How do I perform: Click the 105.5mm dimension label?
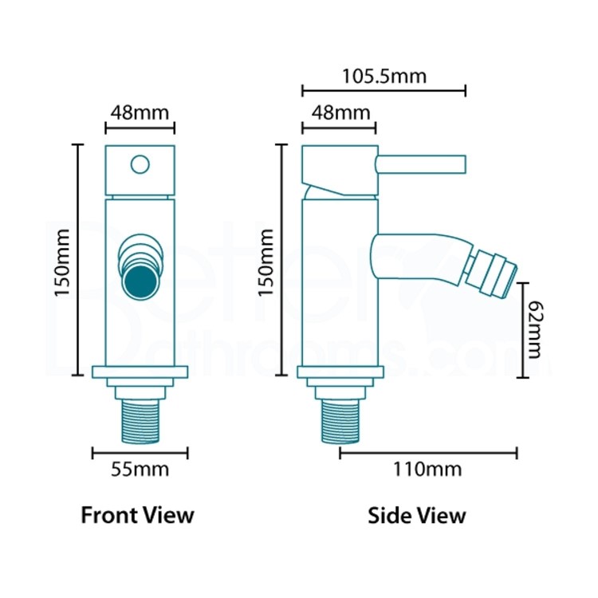[x=384, y=77]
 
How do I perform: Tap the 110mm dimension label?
[x=428, y=469]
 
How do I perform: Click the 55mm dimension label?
[x=140, y=469]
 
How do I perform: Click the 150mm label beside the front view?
[x=64, y=260]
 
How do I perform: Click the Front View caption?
[x=137, y=515]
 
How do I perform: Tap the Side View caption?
[x=417, y=515]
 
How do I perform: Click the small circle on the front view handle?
[x=140, y=164]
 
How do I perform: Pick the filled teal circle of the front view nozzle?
[x=140, y=281]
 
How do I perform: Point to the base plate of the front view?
[x=140, y=371]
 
